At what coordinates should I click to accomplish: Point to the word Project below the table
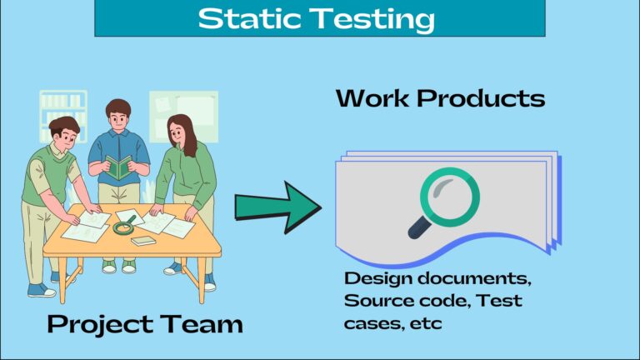[x=99, y=323]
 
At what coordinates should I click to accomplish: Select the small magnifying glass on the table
[x=125, y=225]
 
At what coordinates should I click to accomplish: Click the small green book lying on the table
[x=143, y=241]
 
